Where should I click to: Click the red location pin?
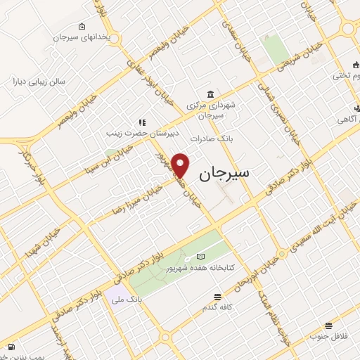(181, 165)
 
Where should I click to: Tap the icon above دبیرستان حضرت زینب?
(141, 122)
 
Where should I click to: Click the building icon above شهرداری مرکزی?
(210, 95)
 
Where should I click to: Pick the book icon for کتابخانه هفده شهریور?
(202, 257)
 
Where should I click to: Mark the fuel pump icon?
(11, 347)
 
